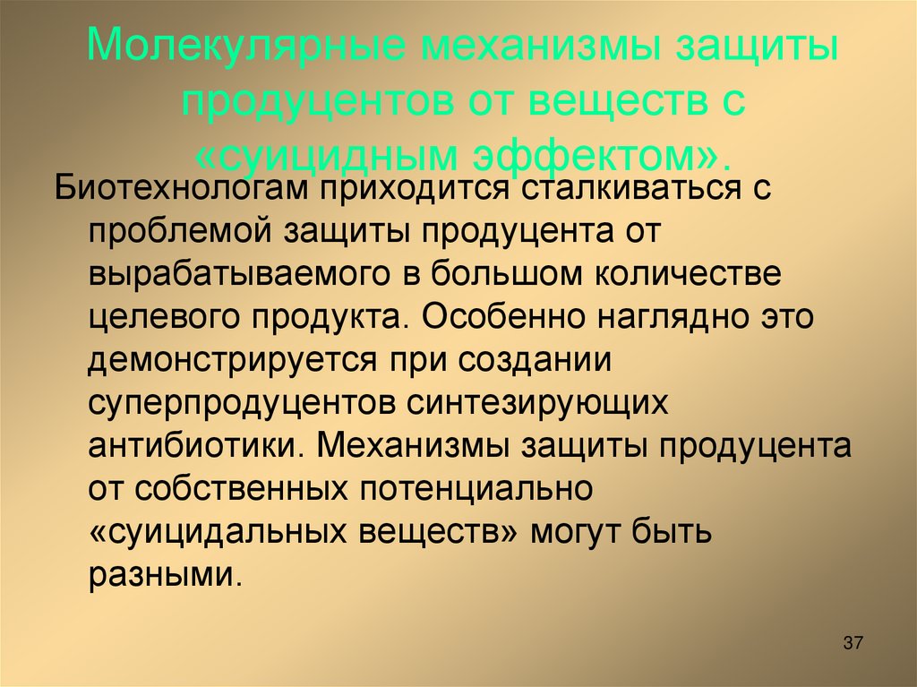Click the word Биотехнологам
(174, 189)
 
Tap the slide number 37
(853, 643)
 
